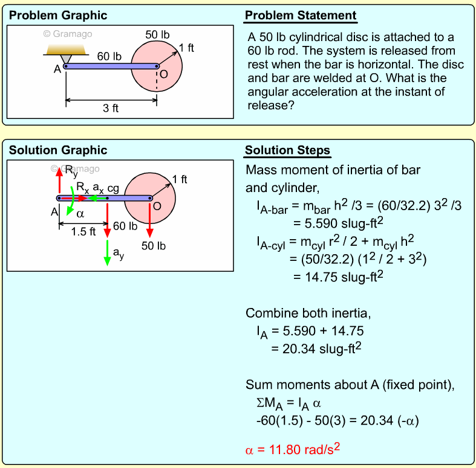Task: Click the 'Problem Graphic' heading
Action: point(58,16)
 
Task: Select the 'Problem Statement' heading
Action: point(300,16)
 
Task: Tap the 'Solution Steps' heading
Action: point(287,150)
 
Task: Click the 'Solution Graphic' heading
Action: point(58,150)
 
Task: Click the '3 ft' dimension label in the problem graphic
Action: point(111,109)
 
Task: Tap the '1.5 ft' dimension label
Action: point(83,231)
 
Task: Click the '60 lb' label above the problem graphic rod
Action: point(109,56)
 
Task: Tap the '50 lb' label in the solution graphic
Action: point(154,246)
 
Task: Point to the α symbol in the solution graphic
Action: point(80,214)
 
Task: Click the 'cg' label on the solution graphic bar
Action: point(113,188)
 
